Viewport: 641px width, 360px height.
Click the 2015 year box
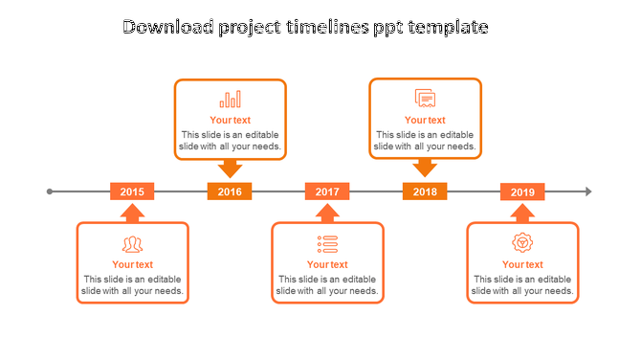(x=132, y=191)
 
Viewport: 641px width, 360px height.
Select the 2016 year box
(x=230, y=191)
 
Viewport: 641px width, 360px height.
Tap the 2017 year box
(x=327, y=191)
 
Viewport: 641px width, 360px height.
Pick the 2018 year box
(x=425, y=191)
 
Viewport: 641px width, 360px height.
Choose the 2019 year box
(x=522, y=192)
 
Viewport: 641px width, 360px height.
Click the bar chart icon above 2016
(x=230, y=99)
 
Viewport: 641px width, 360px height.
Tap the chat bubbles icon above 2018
(x=425, y=98)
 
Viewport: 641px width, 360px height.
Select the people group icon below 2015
(x=132, y=244)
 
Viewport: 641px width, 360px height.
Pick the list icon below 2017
(x=327, y=244)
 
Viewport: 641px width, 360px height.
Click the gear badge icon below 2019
(x=522, y=243)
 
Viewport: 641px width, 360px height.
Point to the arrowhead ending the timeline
(x=588, y=191)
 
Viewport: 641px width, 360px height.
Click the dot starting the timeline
(x=50, y=191)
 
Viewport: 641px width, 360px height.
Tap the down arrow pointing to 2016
(x=230, y=169)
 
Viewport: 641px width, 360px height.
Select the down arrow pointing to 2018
(x=425, y=169)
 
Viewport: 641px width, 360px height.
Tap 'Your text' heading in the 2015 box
(x=132, y=265)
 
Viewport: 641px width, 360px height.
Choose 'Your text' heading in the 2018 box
(x=425, y=121)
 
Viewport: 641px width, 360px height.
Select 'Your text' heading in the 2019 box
(x=522, y=265)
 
